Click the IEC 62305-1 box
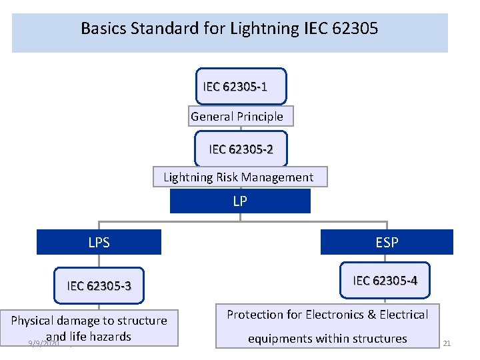pos(241,86)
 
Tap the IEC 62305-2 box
pos(241,149)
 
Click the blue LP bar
pos(240,201)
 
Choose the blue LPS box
pos(99,243)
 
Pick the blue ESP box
pos(387,243)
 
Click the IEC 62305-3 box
pos(99,287)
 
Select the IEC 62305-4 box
pos(385,281)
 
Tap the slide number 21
pos(447,343)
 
